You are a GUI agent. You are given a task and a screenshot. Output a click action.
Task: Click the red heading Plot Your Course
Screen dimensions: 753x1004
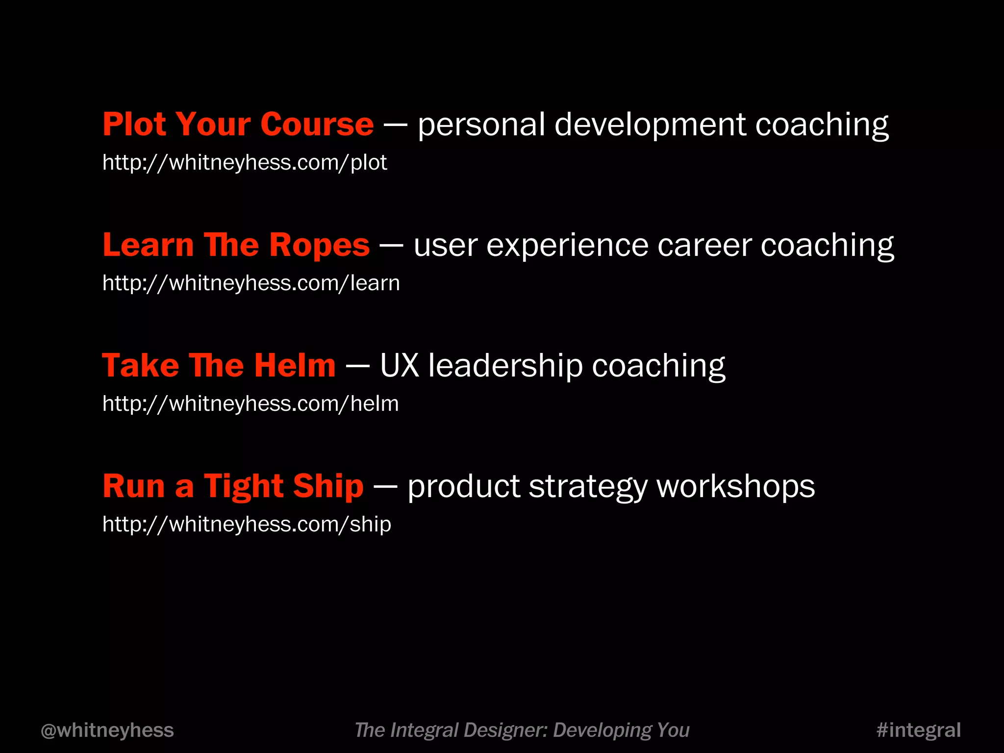238,125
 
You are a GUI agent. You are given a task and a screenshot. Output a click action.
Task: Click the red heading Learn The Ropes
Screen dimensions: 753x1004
236,245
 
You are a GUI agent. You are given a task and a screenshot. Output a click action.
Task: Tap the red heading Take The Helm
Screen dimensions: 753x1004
219,366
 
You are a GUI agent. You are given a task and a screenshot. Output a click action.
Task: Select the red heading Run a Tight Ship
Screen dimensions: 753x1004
233,486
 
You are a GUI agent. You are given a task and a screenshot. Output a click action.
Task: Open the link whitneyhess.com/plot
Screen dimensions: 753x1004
245,163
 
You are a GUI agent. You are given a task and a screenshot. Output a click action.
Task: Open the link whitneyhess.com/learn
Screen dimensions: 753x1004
251,283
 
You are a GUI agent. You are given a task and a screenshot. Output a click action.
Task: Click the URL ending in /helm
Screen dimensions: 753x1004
251,404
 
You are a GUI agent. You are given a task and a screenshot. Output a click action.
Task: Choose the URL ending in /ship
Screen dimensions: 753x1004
247,525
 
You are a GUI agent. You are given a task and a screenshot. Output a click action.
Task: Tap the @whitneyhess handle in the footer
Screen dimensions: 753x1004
107,730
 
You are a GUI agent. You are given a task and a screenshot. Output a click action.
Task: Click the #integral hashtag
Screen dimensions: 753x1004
918,730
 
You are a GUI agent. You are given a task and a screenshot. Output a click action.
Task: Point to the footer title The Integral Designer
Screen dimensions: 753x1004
522,730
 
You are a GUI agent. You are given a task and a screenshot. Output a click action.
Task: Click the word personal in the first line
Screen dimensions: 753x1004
481,125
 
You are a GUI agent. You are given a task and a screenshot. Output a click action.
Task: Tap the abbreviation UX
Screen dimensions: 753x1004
400,366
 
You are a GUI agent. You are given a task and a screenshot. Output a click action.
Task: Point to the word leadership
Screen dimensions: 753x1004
505,366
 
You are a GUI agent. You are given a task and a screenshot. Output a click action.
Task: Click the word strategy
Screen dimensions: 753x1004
588,486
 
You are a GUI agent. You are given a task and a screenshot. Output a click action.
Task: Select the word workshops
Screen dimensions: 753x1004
735,486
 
